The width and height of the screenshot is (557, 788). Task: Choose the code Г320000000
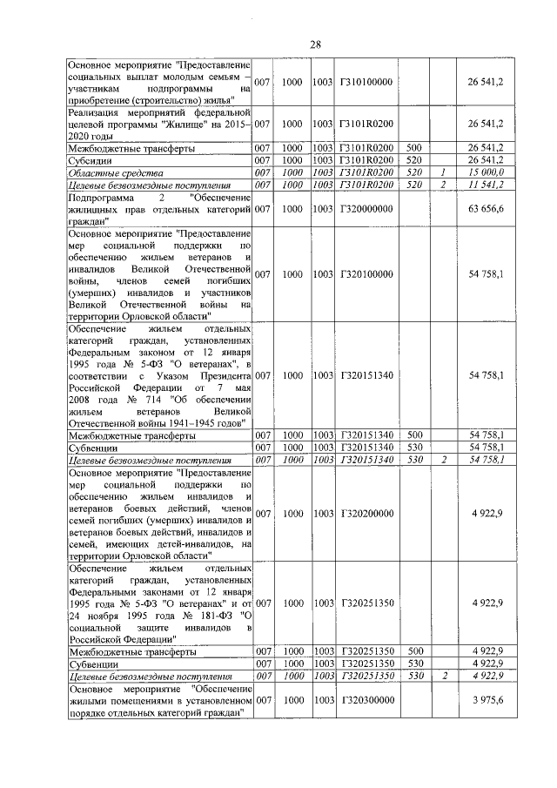tap(366, 209)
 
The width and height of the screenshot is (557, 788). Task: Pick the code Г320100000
tap(366, 274)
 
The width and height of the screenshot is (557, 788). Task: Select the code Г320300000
tap(366, 700)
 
